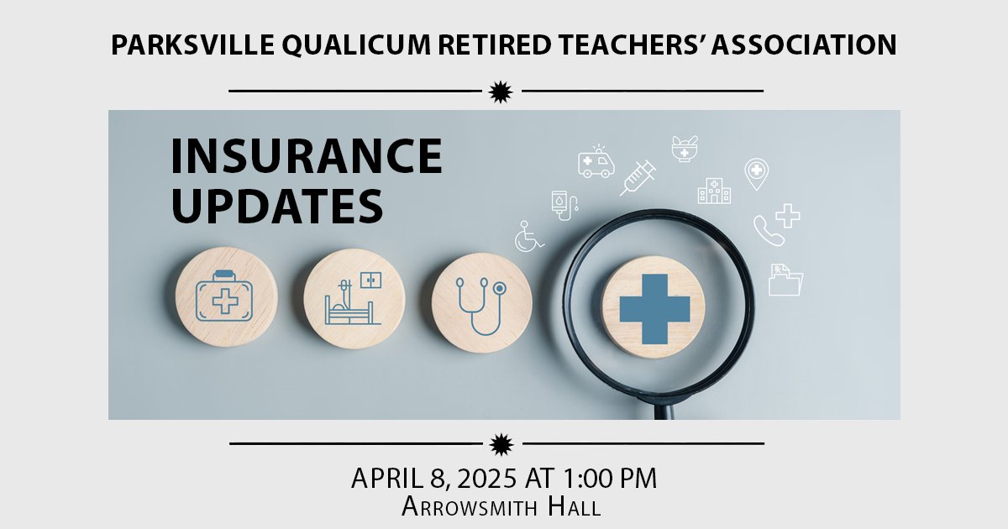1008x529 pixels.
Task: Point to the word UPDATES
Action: pos(277,206)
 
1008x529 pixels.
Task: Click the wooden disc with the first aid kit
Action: pos(226,297)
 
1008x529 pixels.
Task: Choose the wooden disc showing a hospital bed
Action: pos(354,299)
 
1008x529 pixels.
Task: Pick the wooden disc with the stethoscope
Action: pos(481,303)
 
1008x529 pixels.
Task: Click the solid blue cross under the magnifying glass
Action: pos(654,307)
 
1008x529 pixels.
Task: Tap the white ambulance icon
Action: pos(596,161)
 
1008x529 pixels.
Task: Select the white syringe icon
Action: pos(638,178)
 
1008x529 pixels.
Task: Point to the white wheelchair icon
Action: pos(529,236)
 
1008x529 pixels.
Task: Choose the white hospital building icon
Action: pos(714,191)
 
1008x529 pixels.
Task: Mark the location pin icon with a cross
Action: pos(757,173)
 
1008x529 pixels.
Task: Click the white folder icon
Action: pos(785,280)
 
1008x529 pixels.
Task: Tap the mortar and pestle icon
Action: pos(684,149)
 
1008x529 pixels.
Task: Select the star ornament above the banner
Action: pos(501,91)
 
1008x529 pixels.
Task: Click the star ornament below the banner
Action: pos(501,443)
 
